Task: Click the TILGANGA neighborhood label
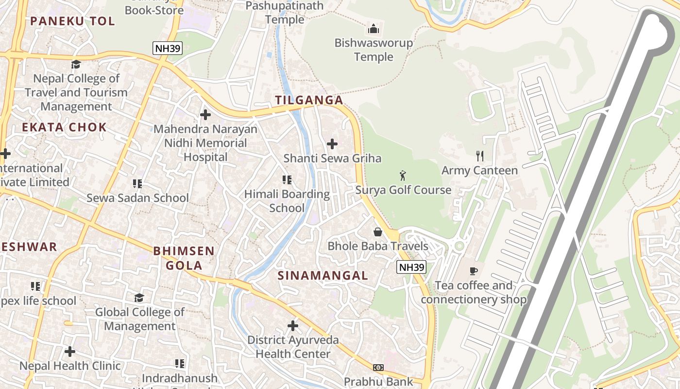(x=309, y=100)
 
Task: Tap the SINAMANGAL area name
(x=323, y=275)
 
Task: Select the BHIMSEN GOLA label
(x=184, y=258)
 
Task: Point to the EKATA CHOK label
(x=64, y=127)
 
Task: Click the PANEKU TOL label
(x=72, y=21)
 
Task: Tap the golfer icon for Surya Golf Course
(x=403, y=175)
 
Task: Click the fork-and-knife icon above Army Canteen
(x=480, y=156)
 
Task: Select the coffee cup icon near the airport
(x=474, y=271)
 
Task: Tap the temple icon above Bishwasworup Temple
(x=374, y=29)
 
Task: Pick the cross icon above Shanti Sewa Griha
(x=332, y=144)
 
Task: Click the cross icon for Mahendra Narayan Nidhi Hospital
(x=205, y=115)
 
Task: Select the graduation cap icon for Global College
(x=139, y=298)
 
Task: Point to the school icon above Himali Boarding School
(x=287, y=180)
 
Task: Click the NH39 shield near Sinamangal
(x=411, y=267)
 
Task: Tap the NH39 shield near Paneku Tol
(x=167, y=48)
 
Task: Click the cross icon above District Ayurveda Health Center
(x=293, y=325)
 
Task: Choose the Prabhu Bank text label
(x=378, y=382)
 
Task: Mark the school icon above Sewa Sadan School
(x=137, y=183)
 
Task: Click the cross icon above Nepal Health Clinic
(x=70, y=351)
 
